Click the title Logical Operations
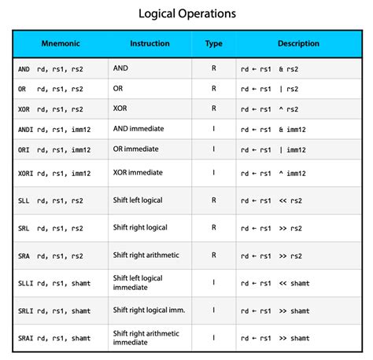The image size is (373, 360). pyautogui.click(x=186, y=14)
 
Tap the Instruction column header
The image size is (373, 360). pyautogui.click(x=150, y=44)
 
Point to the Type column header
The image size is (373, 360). pyautogui.click(x=213, y=44)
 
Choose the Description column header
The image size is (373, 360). pyautogui.click(x=298, y=44)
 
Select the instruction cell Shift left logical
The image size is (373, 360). pyautogui.click(x=138, y=200)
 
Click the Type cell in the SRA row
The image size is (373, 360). pyautogui.click(x=213, y=255)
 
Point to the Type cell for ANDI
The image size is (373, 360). pyautogui.click(x=213, y=129)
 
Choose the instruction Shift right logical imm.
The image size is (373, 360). pyautogui.click(x=149, y=310)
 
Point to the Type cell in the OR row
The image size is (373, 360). pyautogui.click(x=213, y=89)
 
